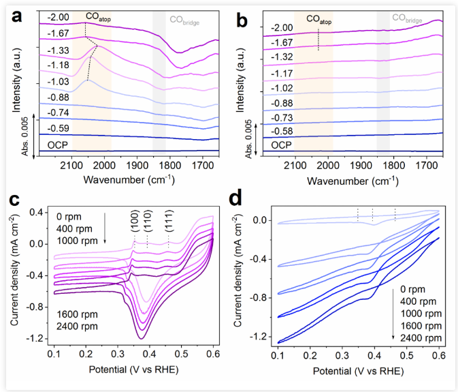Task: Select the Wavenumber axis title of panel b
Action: [x=352, y=181]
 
